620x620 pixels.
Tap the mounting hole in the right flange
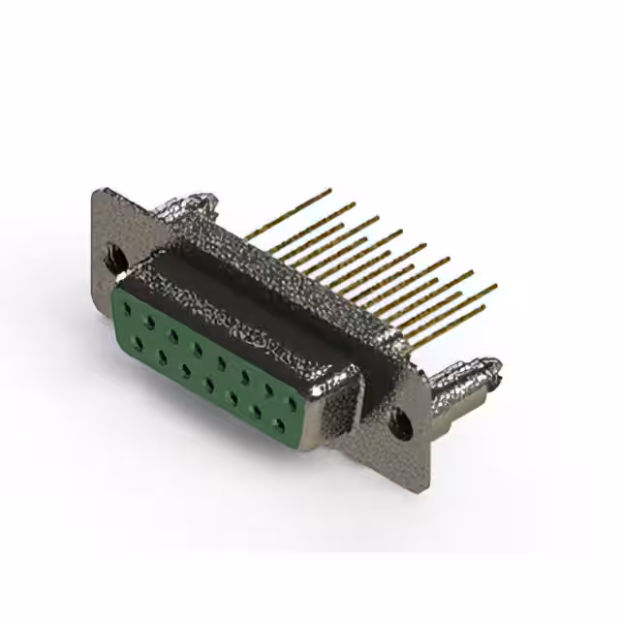click(x=397, y=421)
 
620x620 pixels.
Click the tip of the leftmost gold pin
click(x=329, y=191)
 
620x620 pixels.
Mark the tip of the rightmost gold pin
click(x=494, y=287)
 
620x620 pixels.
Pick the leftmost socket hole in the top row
click(x=127, y=307)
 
